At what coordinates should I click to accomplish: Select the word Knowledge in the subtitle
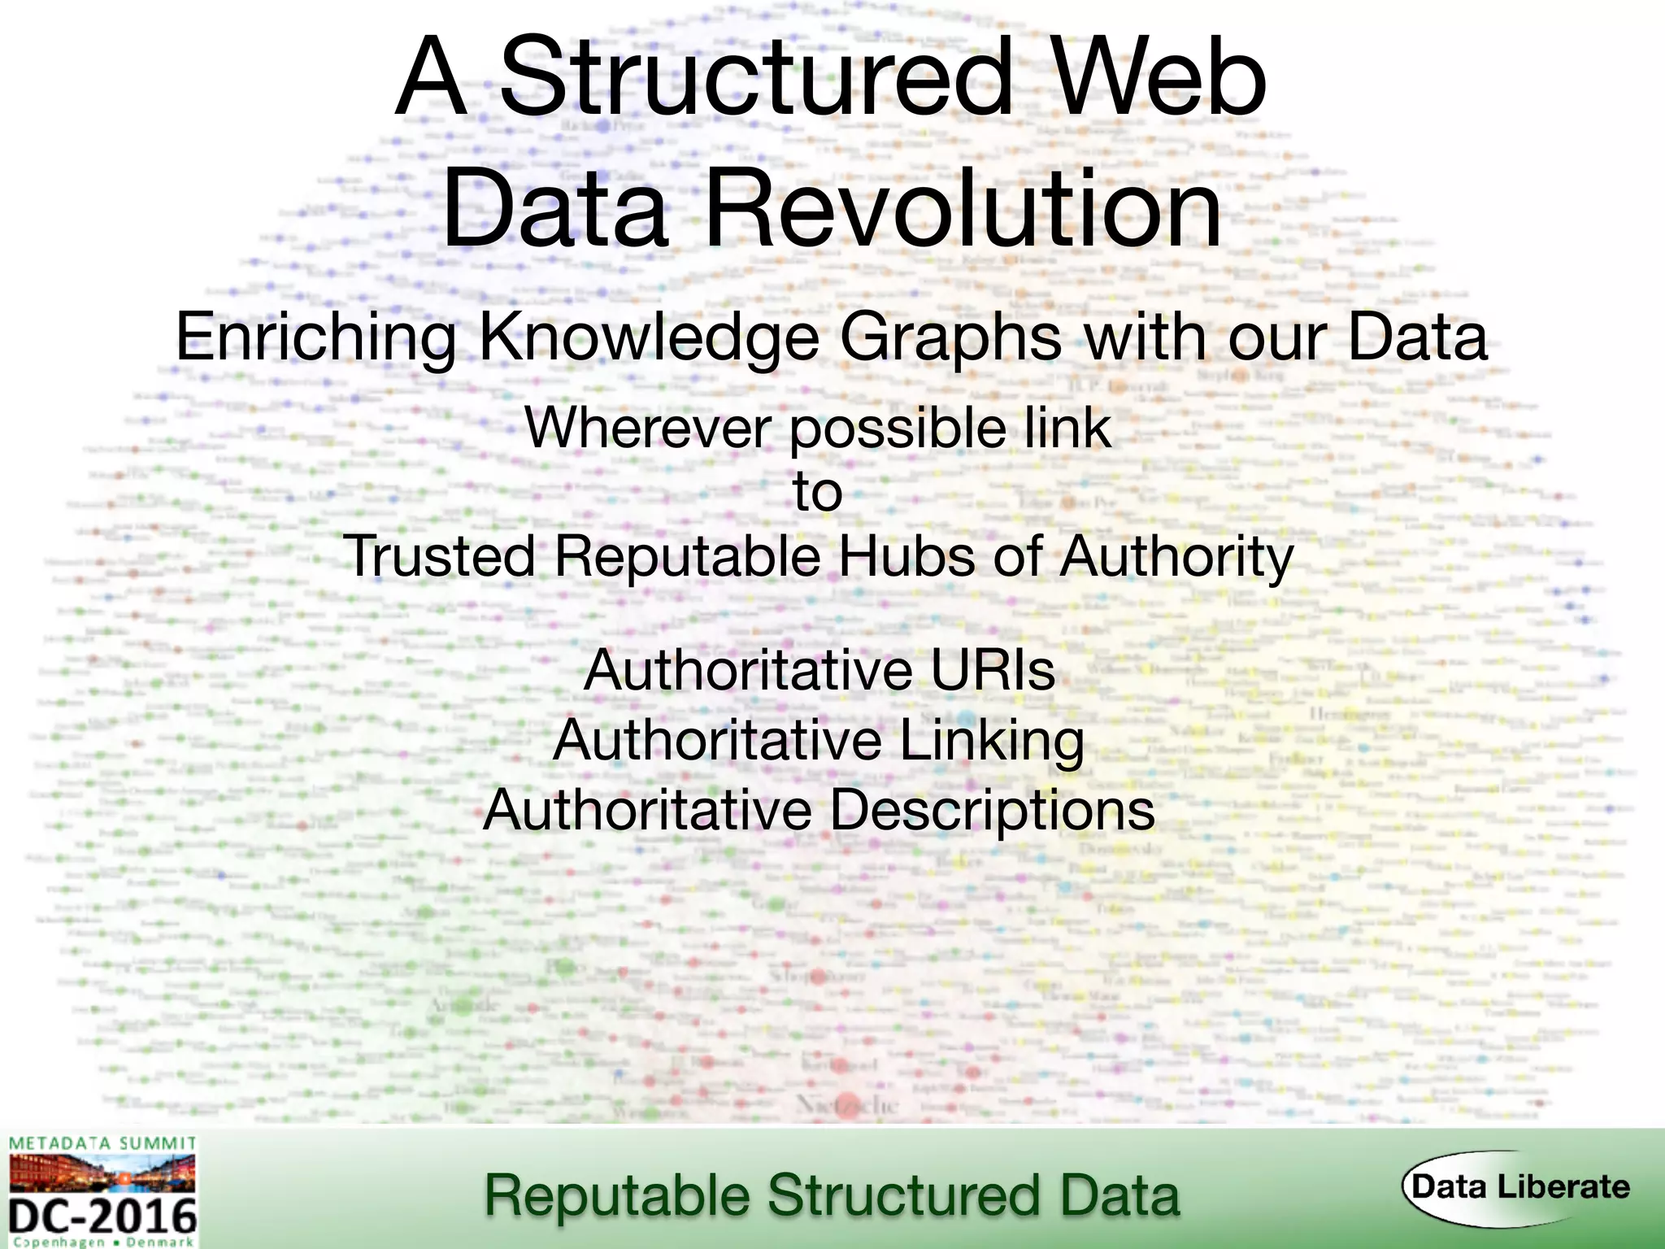pos(649,337)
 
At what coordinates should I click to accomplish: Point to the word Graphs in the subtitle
pos(950,337)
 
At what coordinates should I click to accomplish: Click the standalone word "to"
pos(818,493)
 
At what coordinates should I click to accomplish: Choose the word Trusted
pos(439,558)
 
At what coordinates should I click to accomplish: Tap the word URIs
pos(993,670)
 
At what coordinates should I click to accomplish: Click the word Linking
pos(991,741)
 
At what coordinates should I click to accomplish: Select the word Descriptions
pos(992,811)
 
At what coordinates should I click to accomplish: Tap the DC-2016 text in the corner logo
pos(103,1216)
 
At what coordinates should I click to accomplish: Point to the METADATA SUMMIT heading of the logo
pos(102,1144)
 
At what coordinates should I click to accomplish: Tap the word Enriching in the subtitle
pos(315,337)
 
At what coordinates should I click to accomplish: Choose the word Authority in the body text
pos(1176,558)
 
